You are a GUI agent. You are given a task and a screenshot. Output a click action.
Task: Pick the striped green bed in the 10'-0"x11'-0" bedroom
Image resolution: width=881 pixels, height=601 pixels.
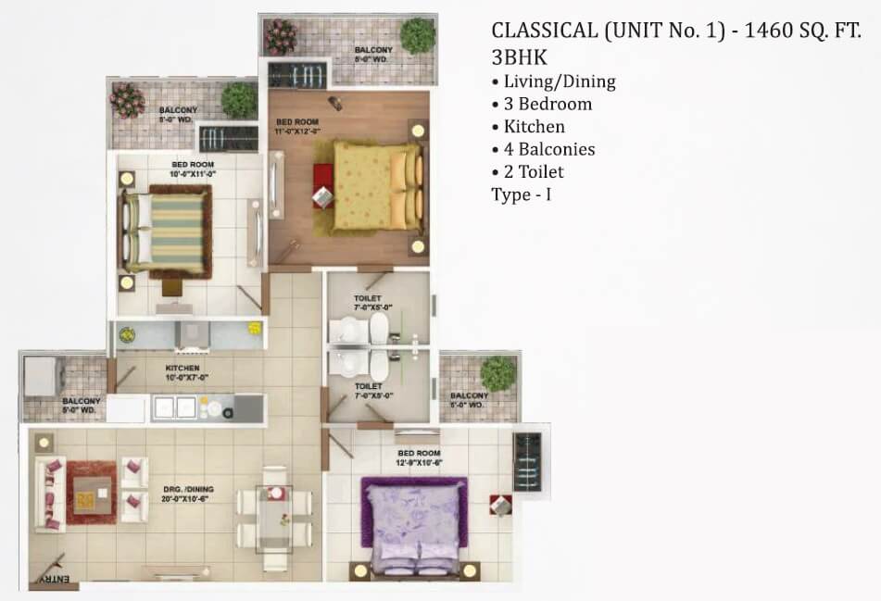tap(167, 228)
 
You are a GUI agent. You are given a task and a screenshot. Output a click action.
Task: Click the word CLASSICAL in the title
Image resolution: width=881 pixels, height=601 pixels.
tap(544, 30)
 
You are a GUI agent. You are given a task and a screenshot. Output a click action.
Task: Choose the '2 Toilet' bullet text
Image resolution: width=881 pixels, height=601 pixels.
tap(533, 171)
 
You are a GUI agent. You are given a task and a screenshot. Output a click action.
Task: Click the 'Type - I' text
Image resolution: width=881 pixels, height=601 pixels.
tap(522, 194)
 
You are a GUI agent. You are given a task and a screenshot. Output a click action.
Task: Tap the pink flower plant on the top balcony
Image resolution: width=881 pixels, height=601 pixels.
tap(280, 36)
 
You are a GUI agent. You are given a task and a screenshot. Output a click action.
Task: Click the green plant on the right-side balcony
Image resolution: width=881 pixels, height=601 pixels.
tap(497, 372)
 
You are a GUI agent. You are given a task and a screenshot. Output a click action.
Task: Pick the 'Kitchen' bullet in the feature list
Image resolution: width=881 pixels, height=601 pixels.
tap(534, 126)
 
